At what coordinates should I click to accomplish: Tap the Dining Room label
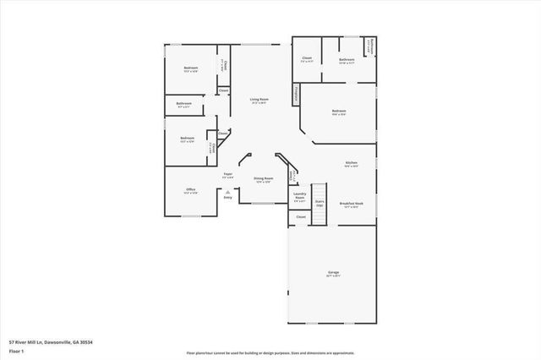pyautogui.click(x=263, y=180)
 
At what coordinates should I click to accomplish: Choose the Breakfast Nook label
pyautogui.click(x=351, y=204)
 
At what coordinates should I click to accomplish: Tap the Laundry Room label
pyautogui.click(x=299, y=197)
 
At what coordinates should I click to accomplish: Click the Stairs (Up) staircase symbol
pyautogui.click(x=320, y=204)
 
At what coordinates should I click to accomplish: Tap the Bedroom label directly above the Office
pyautogui.click(x=187, y=139)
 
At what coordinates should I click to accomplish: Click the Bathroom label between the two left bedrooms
pyautogui.click(x=184, y=105)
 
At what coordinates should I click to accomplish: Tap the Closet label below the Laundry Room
pyautogui.click(x=300, y=217)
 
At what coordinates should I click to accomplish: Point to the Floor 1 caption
pyautogui.click(x=16, y=351)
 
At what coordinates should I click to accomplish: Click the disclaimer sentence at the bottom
pyautogui.click(x=270, y=352)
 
